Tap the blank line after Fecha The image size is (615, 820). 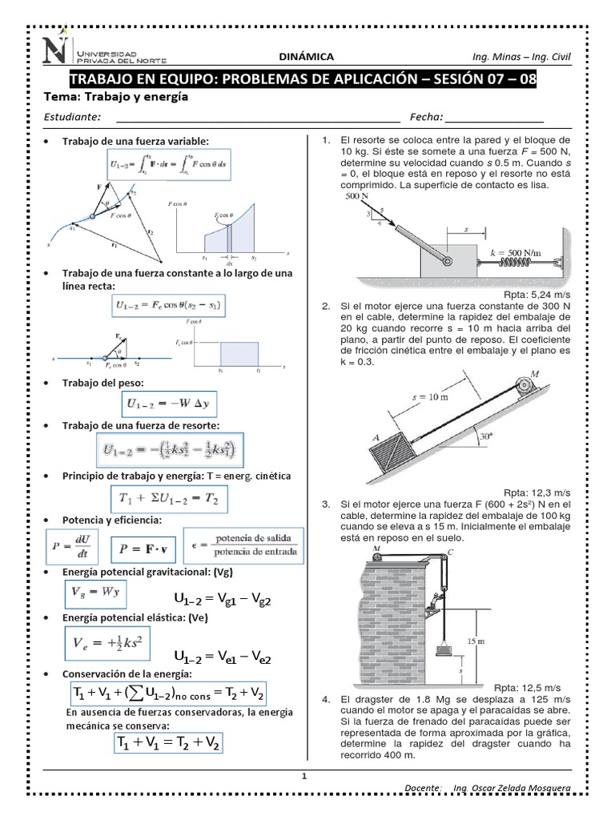click(495, 118)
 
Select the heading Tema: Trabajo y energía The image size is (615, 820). click(119, 97)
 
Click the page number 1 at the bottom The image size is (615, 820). click(304, 776)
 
